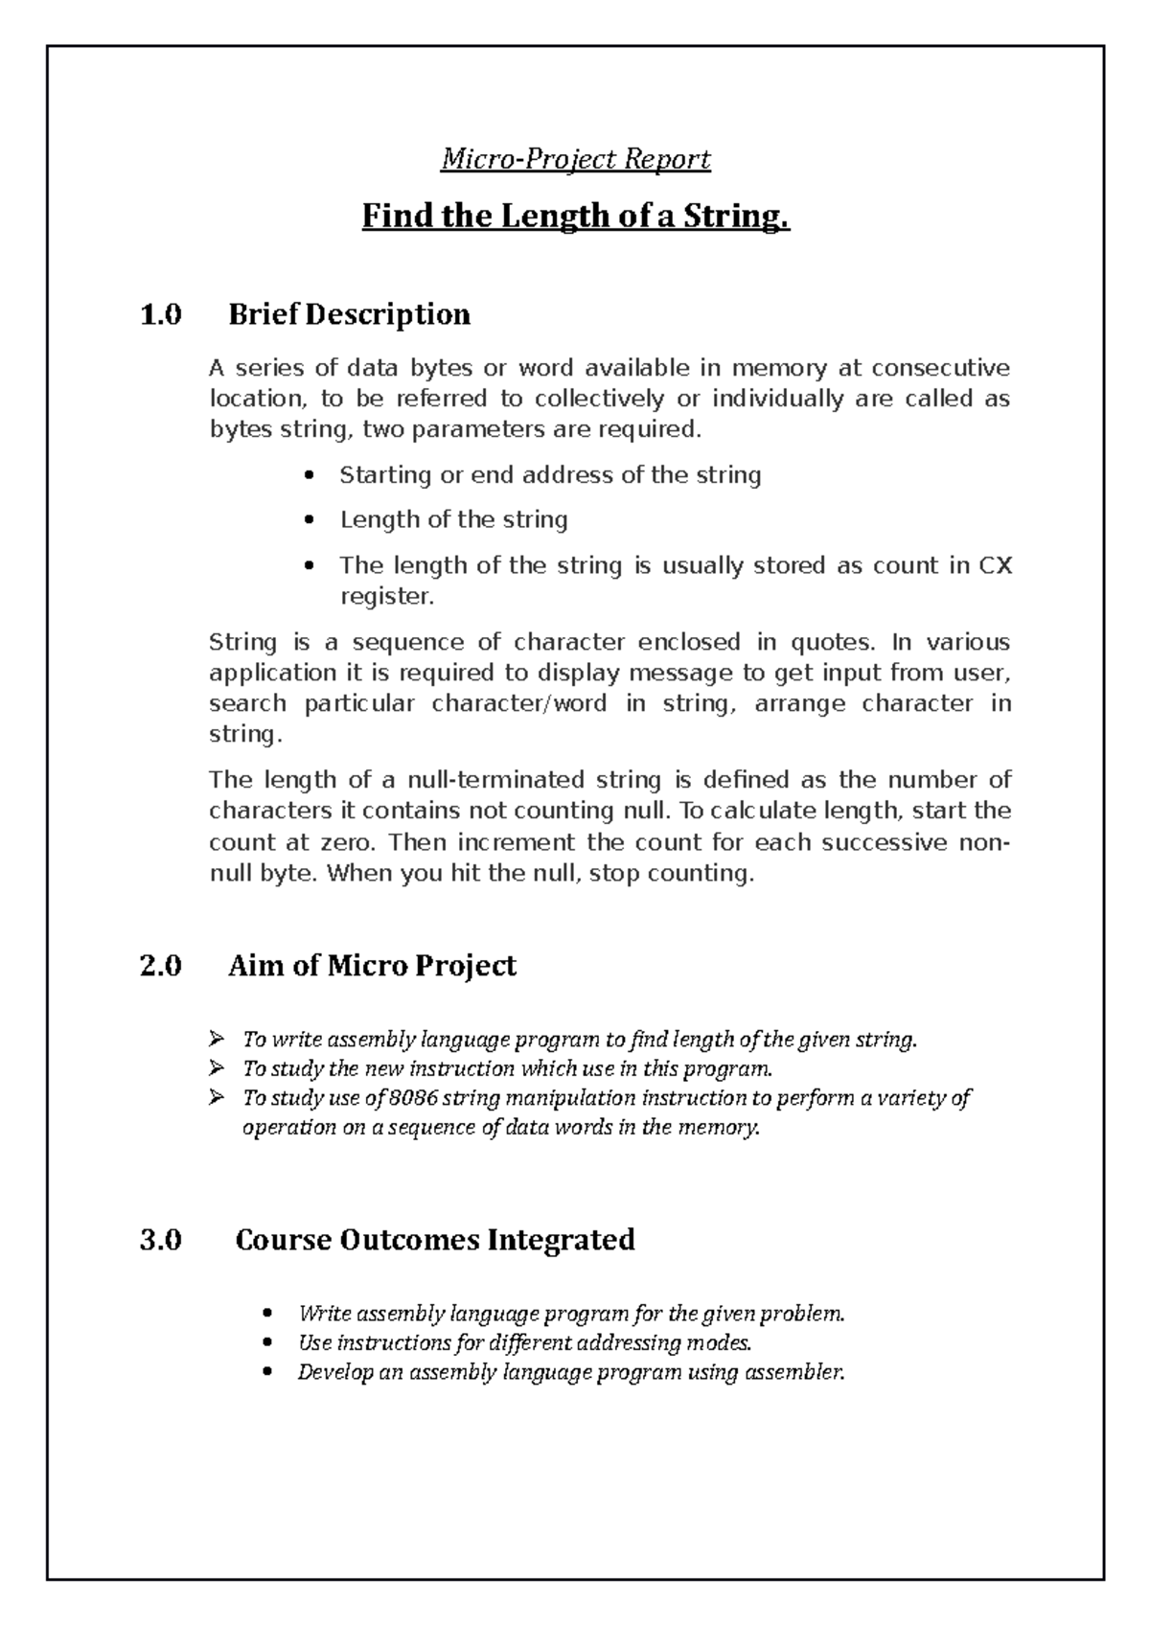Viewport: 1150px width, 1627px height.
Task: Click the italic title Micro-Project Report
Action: click(x=575, y=158)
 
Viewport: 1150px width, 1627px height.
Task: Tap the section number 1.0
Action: click(x=160, y=314)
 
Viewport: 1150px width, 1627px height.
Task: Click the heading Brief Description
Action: click(x=349, y=314)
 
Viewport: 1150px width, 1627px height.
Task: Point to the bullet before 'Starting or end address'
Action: click(x=308, y=476)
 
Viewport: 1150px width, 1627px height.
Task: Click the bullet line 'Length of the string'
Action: click(x=453, y=519)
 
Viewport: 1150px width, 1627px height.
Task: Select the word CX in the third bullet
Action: click(x=994, y=565)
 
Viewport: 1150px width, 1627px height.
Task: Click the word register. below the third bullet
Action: click(x=387, y=596)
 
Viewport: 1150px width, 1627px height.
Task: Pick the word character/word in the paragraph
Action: click(x=518, y=703)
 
